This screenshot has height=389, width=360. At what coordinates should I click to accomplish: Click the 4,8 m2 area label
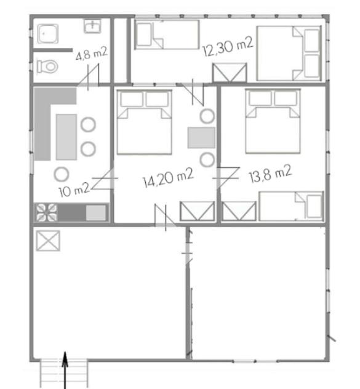pos(92,54)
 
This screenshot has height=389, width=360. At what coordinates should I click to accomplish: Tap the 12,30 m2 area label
pos(228,47)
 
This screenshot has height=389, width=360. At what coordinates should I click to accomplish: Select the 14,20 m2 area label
pos(169,178)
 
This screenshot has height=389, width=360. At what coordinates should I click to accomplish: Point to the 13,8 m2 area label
pos(270,174)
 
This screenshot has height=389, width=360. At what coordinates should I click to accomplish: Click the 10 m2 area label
pos(74,191)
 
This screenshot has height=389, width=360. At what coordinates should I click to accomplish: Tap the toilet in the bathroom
pos(47,66)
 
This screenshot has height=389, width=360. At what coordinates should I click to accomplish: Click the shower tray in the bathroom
pos(48,33)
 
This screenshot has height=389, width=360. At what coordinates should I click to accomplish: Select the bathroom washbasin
pos(92,26)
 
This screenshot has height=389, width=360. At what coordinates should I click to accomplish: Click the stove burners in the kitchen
pos(47,212)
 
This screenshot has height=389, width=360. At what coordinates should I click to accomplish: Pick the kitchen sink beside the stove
pos(96,212)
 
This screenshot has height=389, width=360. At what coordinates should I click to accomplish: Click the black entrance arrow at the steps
pos(65,370)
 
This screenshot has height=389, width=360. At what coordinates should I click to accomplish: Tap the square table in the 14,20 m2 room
pos(201,138)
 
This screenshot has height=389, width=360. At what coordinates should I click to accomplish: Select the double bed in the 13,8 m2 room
pos(273,121)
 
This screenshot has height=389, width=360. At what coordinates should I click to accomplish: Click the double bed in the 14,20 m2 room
pos(145,122)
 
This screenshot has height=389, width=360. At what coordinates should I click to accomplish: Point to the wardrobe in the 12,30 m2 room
pos(230,73)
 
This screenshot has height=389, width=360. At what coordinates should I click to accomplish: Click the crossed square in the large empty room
pos(48,241)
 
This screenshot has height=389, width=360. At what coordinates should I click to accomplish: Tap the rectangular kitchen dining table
pos(66,137)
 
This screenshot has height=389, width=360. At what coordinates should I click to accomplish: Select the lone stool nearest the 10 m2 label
pos(62,174)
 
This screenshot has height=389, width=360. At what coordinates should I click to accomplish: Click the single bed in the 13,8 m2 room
pos(291,206)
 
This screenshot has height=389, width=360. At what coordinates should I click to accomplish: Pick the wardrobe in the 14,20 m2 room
pos(198,211)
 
